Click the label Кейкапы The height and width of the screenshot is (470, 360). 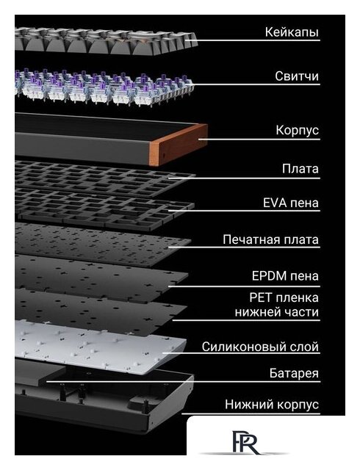pyautogui.click(x=292, y=32)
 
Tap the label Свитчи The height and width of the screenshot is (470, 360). pyautogui.click(x=297, y=76)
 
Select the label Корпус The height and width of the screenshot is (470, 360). pyautogui.click(x=297, y=131)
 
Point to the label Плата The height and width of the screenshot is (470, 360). pyautogui.click(x=300, y=169)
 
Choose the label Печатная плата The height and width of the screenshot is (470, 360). pyautogui.click(x=270, y=240)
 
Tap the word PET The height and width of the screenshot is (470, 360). pyautogui.click(x=261, y=297)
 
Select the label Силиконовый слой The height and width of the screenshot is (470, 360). pyautogui.click(x=260, y=347)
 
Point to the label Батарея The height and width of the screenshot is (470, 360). pyautogui.click(x=294, y=374)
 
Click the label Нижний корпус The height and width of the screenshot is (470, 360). pyautogui.click(x=272, y=405)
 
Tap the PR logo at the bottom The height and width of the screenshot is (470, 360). pyautogui.click(x=245, y=442)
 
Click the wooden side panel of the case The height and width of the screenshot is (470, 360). pyautogui.click(x=179, y=144)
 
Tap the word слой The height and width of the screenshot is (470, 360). pyautogui.click(x=303, y=347)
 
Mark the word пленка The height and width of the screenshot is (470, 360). pyautogui.click(x=297, y=298)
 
